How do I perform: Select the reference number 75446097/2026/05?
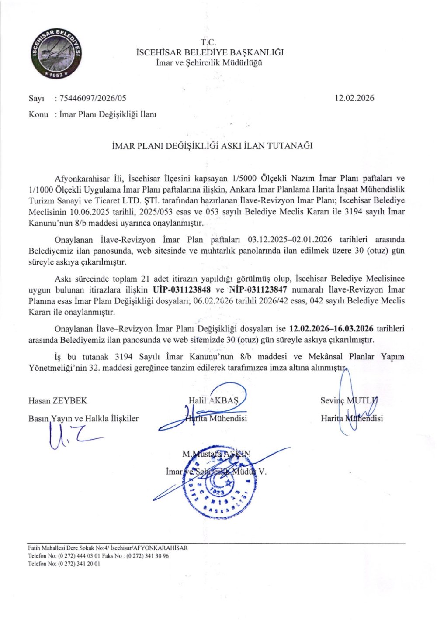pos(92,98)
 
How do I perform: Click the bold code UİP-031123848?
pos(183,289)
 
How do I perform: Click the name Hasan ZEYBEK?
pos(51,400)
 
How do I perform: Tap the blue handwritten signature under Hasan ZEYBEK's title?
pos(72,437)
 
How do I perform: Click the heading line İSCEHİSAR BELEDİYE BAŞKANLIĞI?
pos(210,53)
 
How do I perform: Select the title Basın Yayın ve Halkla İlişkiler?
pos(83,418)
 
